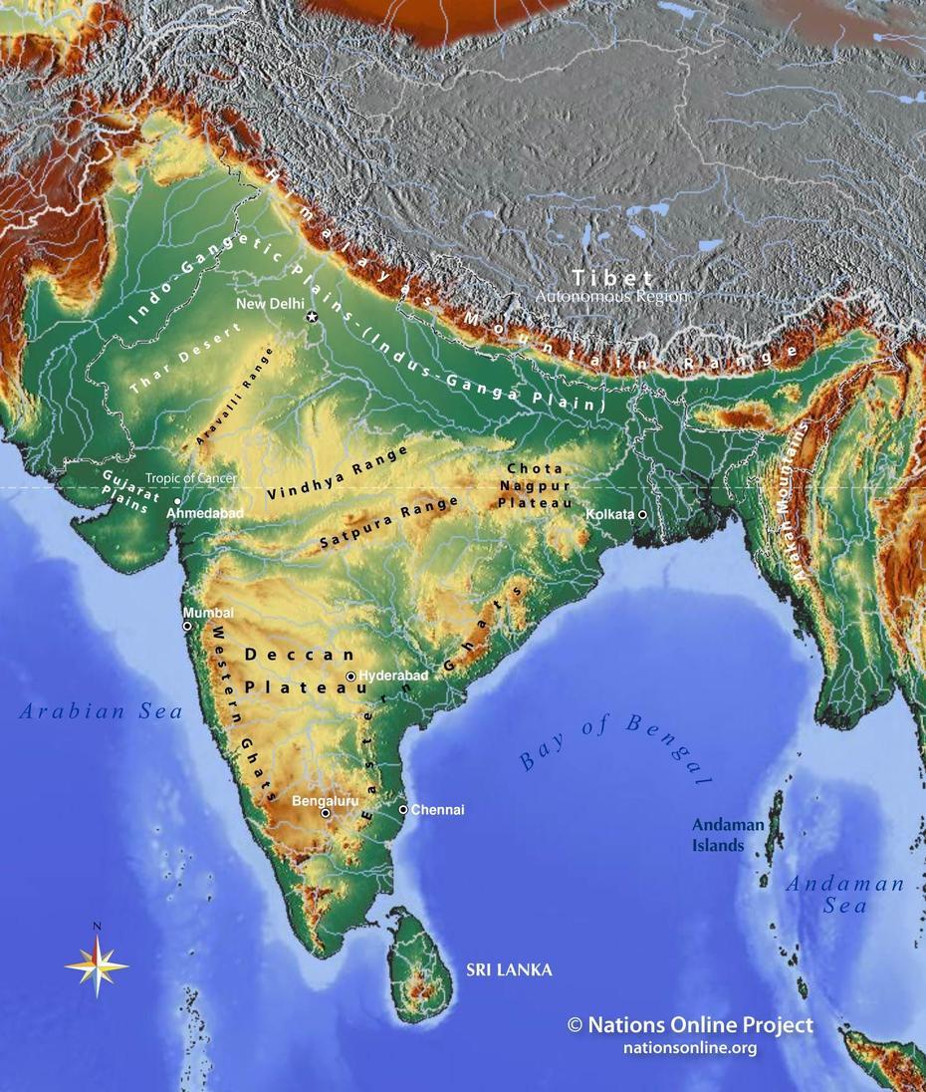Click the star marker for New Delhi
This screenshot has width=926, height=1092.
(312, 317)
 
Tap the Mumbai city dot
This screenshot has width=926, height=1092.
(187, 626)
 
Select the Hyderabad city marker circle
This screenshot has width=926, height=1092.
(350, 677)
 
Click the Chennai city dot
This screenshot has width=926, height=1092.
(403, 809)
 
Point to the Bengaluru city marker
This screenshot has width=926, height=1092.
(326, 813)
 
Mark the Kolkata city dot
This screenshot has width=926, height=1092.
(642, 514)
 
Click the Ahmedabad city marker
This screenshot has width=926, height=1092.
(177, 501)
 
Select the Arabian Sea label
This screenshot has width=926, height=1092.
(101, 711)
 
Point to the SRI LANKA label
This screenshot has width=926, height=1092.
(510, 969)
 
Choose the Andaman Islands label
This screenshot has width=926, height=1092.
(728, 835)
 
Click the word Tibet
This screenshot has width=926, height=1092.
(611, 278)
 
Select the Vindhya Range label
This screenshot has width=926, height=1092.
(339, 473)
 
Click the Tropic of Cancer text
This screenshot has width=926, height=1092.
(190, 478)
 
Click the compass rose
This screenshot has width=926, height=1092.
(97, 963)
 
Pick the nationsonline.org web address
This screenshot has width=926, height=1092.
(689, 1047)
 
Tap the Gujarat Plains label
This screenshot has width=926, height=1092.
(126, 489)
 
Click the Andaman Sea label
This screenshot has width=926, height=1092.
(845, 894)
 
